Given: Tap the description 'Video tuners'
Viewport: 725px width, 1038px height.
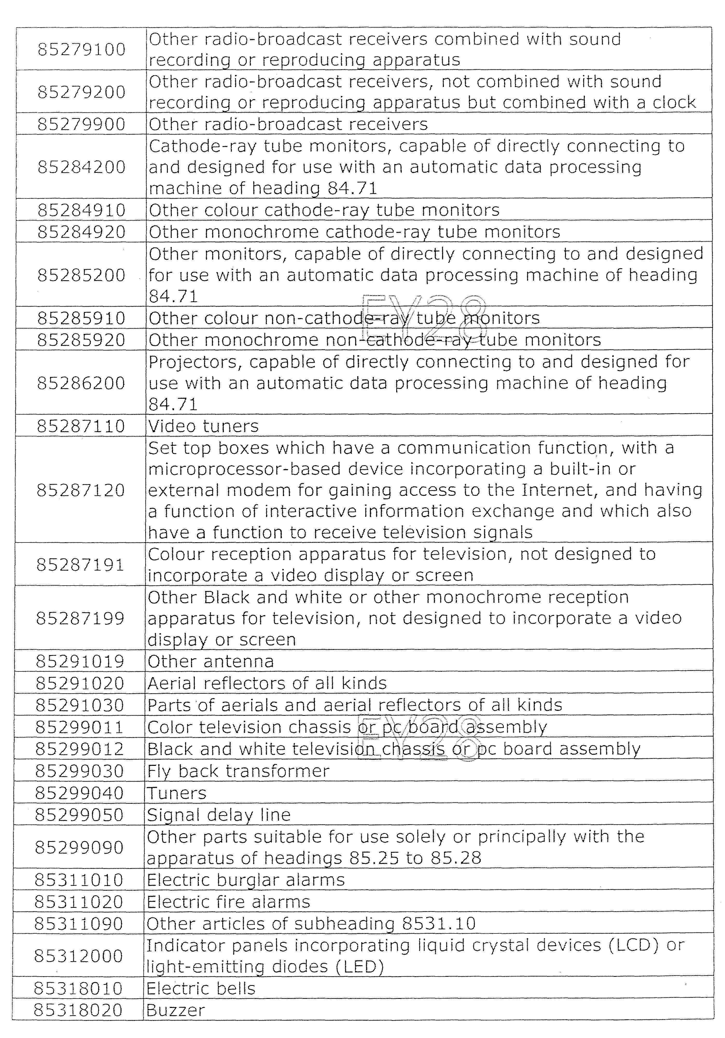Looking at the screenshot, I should point(203,426).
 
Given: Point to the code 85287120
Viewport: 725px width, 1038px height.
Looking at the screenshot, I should point(80,490).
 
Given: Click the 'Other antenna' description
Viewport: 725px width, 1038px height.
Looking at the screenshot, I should point(211,661).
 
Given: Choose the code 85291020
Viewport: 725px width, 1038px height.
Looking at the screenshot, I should point(80,683).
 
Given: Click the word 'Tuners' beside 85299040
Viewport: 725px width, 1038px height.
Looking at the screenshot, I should point(177,793).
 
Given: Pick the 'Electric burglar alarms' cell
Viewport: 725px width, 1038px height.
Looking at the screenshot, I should point(246,880).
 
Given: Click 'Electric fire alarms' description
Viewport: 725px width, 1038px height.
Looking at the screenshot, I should point(228,902).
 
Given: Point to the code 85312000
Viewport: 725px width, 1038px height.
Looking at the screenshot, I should point(79,956).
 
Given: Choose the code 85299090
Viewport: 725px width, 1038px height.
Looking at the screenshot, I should point(79,847).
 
